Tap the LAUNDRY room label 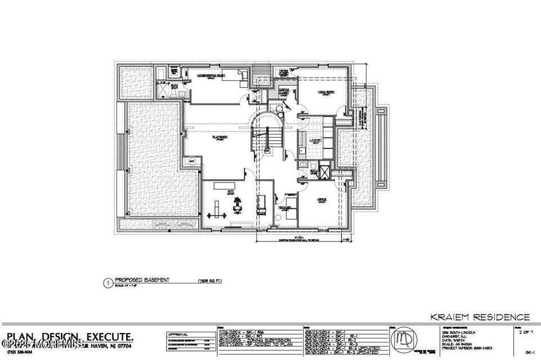tap(316, 139)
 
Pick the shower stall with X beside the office tap(324, 170)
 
